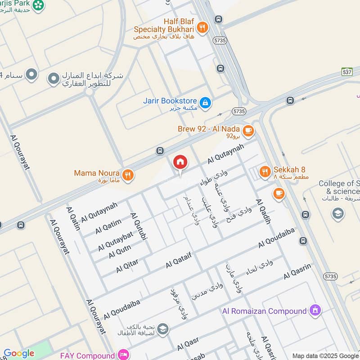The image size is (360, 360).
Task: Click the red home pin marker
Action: (180, 162)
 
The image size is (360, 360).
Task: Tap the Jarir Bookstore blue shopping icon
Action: (205, 103)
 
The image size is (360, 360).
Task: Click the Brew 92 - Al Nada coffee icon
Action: (248, 130)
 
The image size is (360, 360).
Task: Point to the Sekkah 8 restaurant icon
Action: (265, 171)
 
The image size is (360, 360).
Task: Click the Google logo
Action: (19, 353)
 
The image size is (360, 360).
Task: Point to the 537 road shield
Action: (346, 72)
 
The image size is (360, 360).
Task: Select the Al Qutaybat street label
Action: (116, 241)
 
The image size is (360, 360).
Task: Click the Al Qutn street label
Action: (119, 252)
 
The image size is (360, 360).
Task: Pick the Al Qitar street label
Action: (127, 266)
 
